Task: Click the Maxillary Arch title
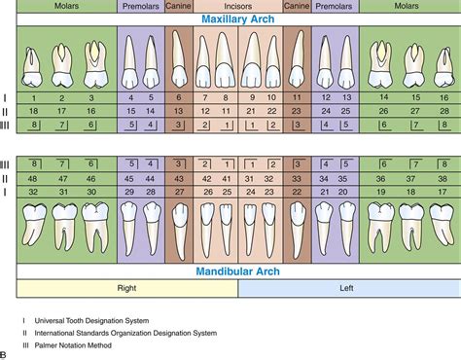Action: (230, 18)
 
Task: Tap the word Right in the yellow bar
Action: (125, 287)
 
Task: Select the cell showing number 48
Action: (34, 178)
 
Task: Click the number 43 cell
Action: (178, 178)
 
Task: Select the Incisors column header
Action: (230, 6)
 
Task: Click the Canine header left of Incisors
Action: (178, 6)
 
